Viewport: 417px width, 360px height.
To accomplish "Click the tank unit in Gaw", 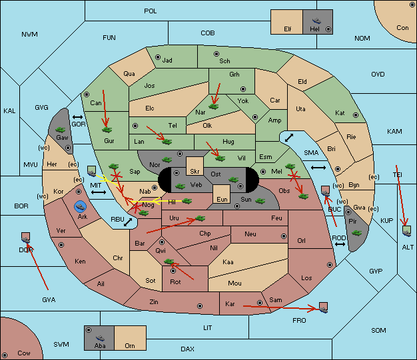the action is (x=61, y=130).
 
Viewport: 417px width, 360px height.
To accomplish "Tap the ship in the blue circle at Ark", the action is (x=80, y=207).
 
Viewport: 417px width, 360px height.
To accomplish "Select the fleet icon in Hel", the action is (x=316, y=21).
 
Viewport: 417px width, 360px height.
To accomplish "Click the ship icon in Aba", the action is (x=100, y=338).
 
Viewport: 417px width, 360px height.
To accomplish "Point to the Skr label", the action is (x=195, y=172).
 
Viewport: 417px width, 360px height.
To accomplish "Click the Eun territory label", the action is (x=222, y=199).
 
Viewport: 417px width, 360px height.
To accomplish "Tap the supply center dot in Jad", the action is (x=158, y=57).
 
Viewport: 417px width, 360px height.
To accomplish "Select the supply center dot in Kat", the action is (x=356, y=115).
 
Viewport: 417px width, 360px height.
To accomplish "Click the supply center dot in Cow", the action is (x=5, y=355).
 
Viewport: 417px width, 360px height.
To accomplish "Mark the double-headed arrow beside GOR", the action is (x=77, y=117).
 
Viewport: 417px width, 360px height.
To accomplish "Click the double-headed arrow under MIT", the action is (x=99, y=192).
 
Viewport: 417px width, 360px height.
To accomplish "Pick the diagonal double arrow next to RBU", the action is (x=128, y=222).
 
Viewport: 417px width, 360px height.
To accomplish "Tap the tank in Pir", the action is (x=356, y=233).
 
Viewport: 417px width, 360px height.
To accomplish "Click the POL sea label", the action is (x=151, y=11).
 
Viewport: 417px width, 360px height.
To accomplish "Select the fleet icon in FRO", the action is (x=323, y=309).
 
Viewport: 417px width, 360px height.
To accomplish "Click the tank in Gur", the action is (x=107, y=130).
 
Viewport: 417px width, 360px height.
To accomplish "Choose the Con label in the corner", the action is (x=402, y=28).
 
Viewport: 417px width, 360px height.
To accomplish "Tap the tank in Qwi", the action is (x=169, y=262).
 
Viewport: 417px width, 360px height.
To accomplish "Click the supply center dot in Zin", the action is (x=200, y=306).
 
